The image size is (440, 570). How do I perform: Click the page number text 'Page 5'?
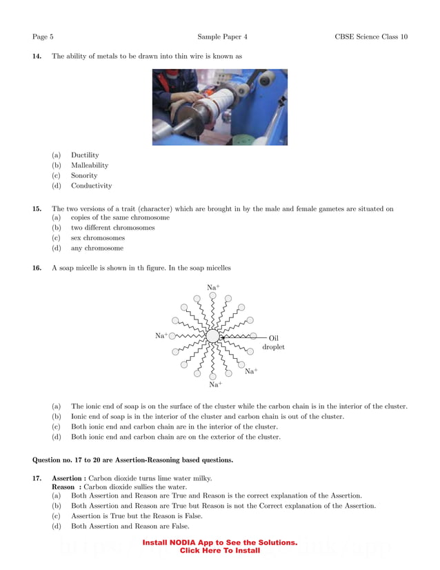click(43, 37)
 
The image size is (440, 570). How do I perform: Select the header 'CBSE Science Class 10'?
click(371, 37)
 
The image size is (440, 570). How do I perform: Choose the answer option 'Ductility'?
click(85, 155)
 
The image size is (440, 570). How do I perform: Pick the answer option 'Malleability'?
click(90, 166)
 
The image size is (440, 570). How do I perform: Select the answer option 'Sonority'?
click(84, 175)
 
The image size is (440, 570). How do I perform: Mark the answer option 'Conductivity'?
click(91, 186)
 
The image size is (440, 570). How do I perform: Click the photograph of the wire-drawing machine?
click(219, 107)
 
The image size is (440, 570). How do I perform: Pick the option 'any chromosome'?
click(97, 248)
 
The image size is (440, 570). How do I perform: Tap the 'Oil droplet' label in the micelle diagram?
click(273, 342)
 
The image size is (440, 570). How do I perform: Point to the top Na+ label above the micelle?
click(213, 286)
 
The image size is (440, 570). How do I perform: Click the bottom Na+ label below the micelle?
click(215, 384)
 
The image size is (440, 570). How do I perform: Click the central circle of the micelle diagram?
click(212, 337)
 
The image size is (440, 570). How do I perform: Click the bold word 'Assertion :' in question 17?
click(69, 478)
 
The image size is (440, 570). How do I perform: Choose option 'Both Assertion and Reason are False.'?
click(121, 526)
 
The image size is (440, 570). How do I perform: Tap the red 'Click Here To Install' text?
click(219, 551)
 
